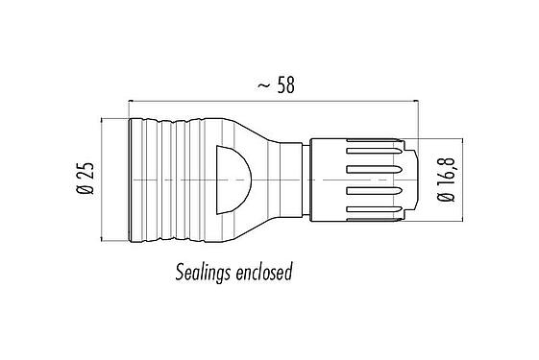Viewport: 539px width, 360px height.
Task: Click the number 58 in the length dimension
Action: pyautogui.click(x=284, y=84)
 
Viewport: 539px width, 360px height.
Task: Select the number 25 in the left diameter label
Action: pyautogui.click(x=86, y=174)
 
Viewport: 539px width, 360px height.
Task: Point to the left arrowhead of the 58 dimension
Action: pyautogui.click(x=132, y=99)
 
